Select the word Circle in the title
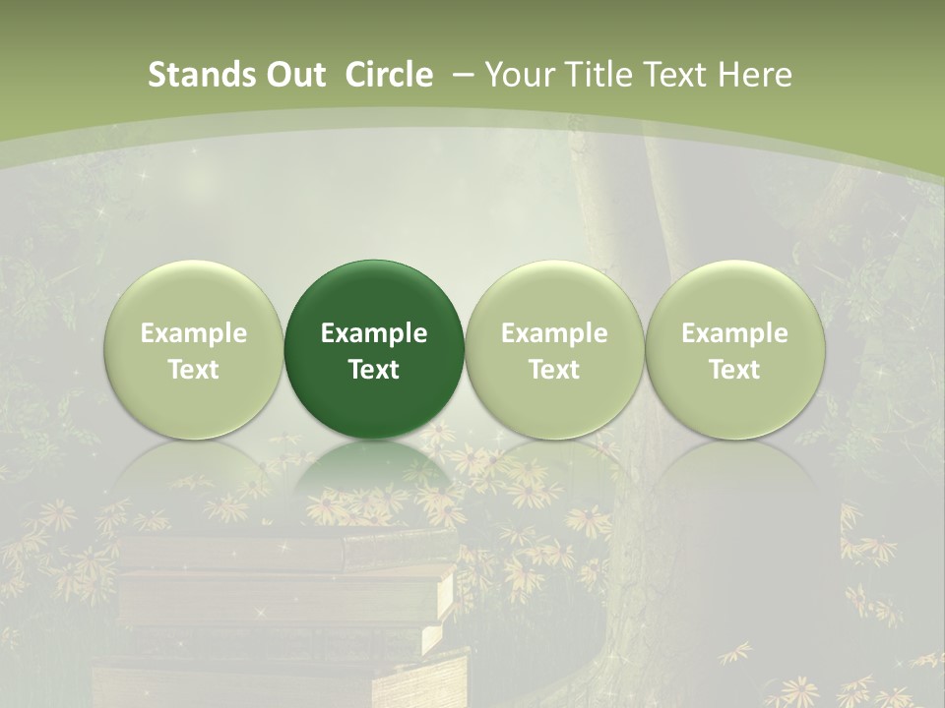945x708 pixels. [x=389, y=75]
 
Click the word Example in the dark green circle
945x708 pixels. [x=374, y=333]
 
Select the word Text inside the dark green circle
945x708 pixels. [x=374, y=370]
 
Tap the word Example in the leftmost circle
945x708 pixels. [x=194, y=333]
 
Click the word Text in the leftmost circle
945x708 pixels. [x=194, y=370]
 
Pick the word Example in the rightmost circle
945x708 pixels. [x=734, y=333]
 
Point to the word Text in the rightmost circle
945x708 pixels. [x=734, y=370]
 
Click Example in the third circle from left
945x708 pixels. [x=554, y=333]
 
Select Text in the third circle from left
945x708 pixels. [x=554, y=370]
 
